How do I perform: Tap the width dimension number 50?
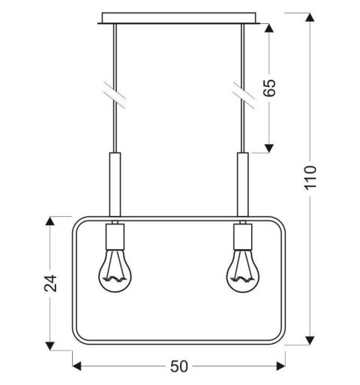tap(178, 366)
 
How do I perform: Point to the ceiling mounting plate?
tap(180, 17)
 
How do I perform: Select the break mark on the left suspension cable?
tap(115, 94)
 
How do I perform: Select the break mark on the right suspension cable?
tap(241, 94)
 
